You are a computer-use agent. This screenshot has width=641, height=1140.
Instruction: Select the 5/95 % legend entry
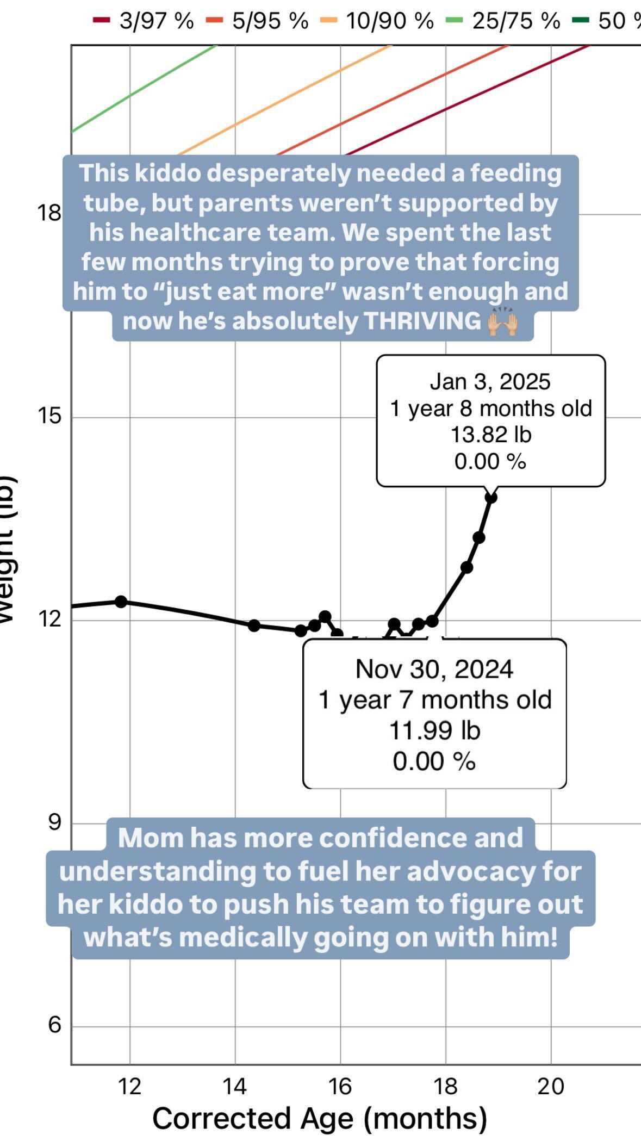tap(258, 21)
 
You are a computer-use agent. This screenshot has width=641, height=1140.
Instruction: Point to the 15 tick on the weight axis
tap(49, 416)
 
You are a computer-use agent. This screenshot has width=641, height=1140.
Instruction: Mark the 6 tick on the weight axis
tap(54, 1025)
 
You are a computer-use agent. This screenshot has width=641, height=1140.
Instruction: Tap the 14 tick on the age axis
tap(235, 1086)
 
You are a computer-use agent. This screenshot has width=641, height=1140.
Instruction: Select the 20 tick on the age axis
tap(551, 1086)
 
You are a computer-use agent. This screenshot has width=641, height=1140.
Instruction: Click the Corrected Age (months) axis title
tap(320, 1118)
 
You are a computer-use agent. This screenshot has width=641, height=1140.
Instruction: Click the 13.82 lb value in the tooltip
tap(490, 435)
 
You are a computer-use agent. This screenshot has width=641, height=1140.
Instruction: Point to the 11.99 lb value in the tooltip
tap(434, 730)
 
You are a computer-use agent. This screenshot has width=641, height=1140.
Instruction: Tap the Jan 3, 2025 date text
tap(490, 382)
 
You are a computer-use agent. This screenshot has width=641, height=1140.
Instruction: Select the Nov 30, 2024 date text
tap(434, 669)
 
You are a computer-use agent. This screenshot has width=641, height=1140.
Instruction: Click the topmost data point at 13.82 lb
tap(491, 497)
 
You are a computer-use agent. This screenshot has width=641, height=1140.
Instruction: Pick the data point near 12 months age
tap(121, 602)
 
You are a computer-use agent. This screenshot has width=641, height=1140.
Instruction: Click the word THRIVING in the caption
tap(422, 321)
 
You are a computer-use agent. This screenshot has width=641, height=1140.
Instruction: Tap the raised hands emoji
tap(502, 321)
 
